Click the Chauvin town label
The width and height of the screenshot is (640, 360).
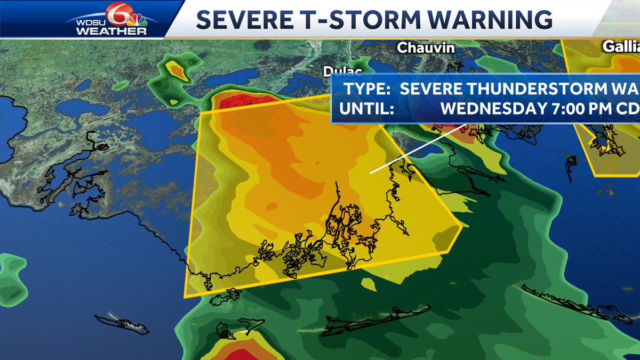coord(426,47)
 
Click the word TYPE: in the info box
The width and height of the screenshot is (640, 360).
coord(365,89)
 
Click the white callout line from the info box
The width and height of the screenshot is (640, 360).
coord(419,149)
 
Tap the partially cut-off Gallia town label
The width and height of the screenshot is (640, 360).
coord(621,46)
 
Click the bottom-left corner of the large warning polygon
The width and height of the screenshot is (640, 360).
coord(185,296)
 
